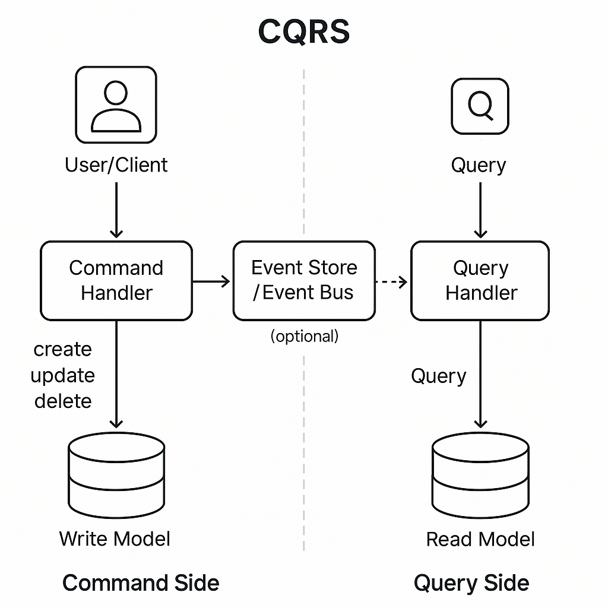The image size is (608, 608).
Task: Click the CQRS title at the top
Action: tap(303, 31)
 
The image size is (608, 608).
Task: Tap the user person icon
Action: tap(116, 105)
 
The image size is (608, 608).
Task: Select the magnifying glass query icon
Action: tap(480, 106)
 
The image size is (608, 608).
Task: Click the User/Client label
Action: tap(116, 164)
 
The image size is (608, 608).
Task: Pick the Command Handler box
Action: tap(116, 280)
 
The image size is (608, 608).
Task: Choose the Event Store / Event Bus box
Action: tap(303, 280)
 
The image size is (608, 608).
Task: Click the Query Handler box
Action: tap(480, 280)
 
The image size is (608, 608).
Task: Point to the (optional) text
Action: tap(304, 336)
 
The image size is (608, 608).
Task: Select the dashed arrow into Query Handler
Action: tap(392, 281)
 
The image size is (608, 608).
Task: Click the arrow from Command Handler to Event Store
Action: tap(211, 281)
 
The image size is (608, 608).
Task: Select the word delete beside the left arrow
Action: tap(63, 401)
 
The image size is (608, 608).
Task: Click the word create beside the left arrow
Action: tap(63, 349)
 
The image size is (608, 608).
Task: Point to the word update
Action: tap(63, 375)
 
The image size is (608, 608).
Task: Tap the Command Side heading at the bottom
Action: tap(141, 582)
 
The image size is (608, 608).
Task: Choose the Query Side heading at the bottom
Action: tap(471, 582)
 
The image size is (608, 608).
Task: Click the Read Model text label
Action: tap(480, 539)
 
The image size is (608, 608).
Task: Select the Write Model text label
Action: tap(115, 539)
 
